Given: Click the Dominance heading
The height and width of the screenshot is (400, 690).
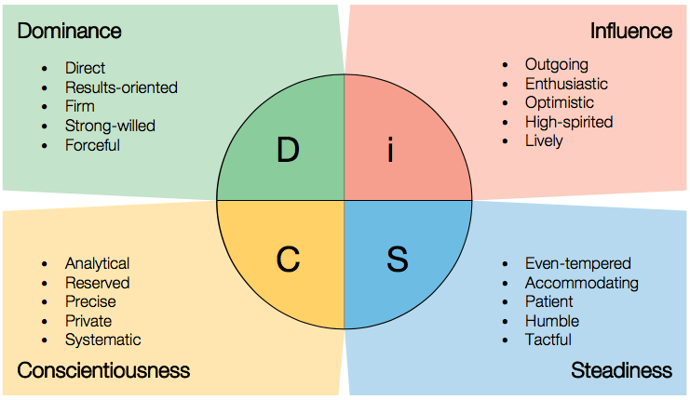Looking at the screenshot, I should [x=69, y=31].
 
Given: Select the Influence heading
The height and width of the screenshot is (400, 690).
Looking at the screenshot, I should [x=630, y=31].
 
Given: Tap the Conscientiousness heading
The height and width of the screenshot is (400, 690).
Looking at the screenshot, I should [x=103, y=370].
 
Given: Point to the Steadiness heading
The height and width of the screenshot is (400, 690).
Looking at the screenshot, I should [x=621, y=370].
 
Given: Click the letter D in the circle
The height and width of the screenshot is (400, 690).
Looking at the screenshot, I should [x=288, y=151].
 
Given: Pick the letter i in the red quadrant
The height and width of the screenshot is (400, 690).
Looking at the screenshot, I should [x=391, y=151].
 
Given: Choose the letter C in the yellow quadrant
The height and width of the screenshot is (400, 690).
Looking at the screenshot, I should [x=288, y=260].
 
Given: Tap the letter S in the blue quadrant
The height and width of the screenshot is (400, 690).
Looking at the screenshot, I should [x=398, y=260].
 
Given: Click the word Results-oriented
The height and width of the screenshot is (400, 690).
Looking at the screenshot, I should [x=121, y=87].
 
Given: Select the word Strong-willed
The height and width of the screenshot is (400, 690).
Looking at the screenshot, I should [x=110, y=126].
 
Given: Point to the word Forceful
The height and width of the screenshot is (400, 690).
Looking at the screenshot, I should [x=92, y=145].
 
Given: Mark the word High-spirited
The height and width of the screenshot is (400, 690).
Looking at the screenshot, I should [x=569, y=122].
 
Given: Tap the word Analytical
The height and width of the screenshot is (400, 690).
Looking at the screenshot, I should [x=97, y=264].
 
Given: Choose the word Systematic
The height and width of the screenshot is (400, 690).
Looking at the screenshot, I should [x=102, y=340].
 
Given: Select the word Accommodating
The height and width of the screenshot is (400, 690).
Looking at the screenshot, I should [x=581, y=283].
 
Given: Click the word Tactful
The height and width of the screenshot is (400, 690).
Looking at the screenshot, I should [x=548, y=340].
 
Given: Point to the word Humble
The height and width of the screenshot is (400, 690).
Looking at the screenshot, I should [x=551, y=321].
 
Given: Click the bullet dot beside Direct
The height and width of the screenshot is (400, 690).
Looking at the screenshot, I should [x=46, y=69].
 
